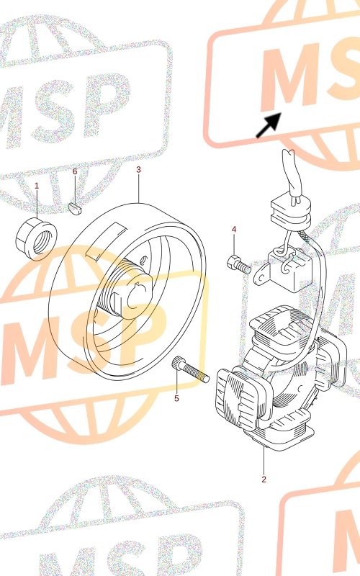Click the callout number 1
pyautogui.click(x=37, y=186)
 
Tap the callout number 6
pyautogui.click(x=75, y=171)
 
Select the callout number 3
pyautogui.click(x=138, y=169)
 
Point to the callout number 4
pyautogui.click(x=234, y=229)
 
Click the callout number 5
pyautogui.click(x=176, y=399)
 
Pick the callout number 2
pyautogui.click(x=264, y=479)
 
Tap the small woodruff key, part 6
pyautogui.click(x=76, y=208)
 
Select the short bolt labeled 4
pyautogui.click(x=239, y=264)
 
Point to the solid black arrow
pyautogui.click(x=269, y=125)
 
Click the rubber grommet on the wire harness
pyautogui.click(x=291, y=213)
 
